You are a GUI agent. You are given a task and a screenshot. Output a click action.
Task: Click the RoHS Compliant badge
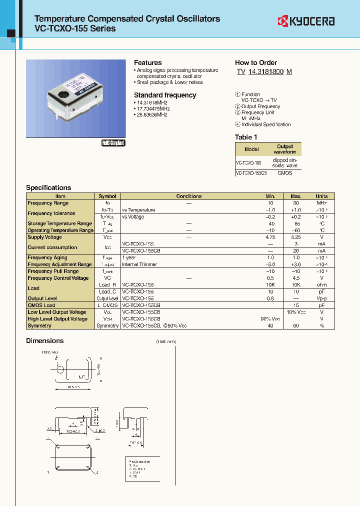coord(113,143)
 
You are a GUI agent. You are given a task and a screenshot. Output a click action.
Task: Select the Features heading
coord(147,62)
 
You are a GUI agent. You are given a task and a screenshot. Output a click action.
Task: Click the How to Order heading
coord(255,62)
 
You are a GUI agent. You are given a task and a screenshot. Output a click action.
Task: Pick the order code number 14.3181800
coord(266,72)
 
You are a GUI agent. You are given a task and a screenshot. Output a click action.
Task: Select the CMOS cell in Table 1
coord(285,172)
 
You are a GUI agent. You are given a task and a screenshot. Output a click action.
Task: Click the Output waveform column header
coord(285,149)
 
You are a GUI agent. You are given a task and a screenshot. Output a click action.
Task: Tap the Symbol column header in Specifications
coord(107,196)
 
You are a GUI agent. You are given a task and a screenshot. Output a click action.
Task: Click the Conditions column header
coord(189,196)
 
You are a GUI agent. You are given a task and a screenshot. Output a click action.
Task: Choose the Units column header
coord(321,196)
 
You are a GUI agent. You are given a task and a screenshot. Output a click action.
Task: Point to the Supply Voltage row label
coord(45,237)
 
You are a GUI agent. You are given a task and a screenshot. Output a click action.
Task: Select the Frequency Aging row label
coord(47,257)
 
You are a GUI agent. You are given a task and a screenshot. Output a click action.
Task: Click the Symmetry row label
coord(39,325)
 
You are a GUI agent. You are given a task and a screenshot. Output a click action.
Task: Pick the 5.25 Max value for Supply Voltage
coord(296,237)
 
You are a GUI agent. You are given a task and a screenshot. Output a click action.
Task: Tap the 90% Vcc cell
coord(270,319)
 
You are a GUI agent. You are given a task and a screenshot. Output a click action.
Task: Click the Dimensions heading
coord(45,340)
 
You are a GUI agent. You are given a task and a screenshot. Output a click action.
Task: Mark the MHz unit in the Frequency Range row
coord(321,203)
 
